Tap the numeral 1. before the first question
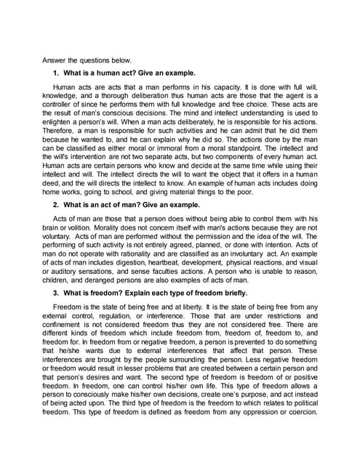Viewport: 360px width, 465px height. (55, 74)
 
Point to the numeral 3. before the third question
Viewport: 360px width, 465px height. (55, 293)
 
